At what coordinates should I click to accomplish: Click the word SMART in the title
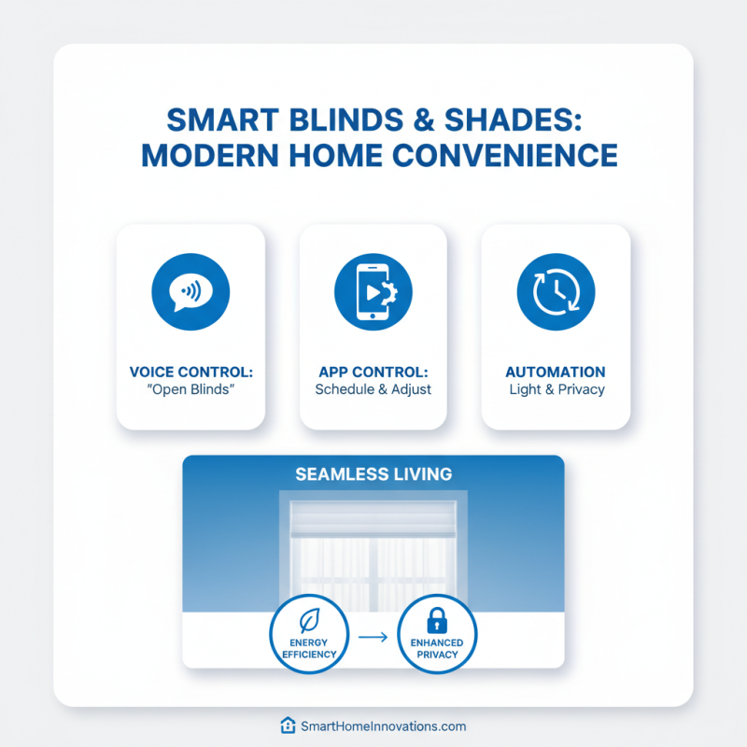(222, 120)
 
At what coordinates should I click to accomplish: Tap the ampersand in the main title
(424, 120)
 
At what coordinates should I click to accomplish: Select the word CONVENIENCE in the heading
(505, 155)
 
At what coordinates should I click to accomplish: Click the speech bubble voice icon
(190, 292)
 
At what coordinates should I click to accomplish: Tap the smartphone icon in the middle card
(373, 292)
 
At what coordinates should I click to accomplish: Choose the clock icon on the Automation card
(556, 292)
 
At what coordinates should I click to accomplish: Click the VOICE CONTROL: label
(191, 372)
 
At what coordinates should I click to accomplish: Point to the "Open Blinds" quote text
(190, 389)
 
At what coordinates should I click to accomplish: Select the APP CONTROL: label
(373, 372)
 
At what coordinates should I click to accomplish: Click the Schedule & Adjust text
(373, 389)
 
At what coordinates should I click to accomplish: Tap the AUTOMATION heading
(556, 372)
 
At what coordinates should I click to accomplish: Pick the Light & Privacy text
(557, 389)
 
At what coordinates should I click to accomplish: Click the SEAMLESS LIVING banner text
(373, 474)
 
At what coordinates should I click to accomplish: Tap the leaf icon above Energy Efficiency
(309, 621)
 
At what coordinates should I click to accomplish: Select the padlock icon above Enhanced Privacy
(437, 620)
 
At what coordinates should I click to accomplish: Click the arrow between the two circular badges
(373, 637)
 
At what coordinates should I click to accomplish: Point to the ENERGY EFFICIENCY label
(309, 648)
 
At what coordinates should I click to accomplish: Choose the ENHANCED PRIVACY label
(437, 648)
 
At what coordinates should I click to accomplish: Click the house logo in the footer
(288, 726)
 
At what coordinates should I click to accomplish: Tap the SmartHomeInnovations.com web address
(384, 726)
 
